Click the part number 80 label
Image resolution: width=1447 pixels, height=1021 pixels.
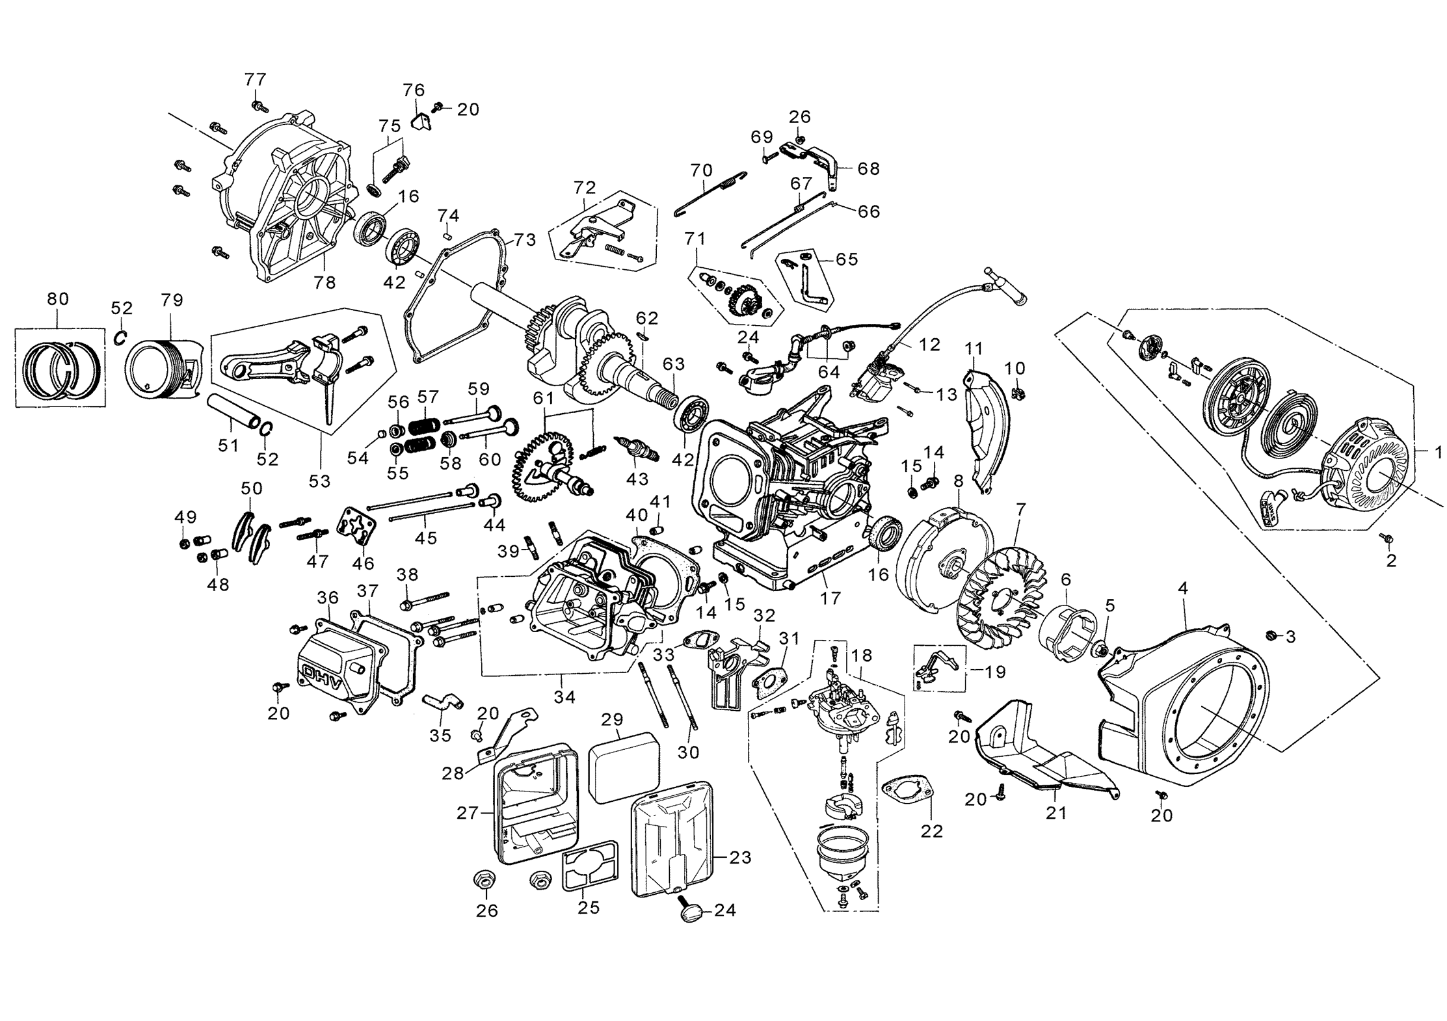coord(58,299)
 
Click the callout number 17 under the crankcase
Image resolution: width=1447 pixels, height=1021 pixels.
coord(830,598)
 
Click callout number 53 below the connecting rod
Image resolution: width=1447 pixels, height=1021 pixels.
coord(319,481)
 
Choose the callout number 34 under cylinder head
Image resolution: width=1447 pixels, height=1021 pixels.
coord(564,697)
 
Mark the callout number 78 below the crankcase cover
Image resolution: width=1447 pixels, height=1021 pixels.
coord(325,282)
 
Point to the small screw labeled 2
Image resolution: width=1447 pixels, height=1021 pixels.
coord(1385,538)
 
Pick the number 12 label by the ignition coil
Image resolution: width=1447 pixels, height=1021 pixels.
coord(930,345)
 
